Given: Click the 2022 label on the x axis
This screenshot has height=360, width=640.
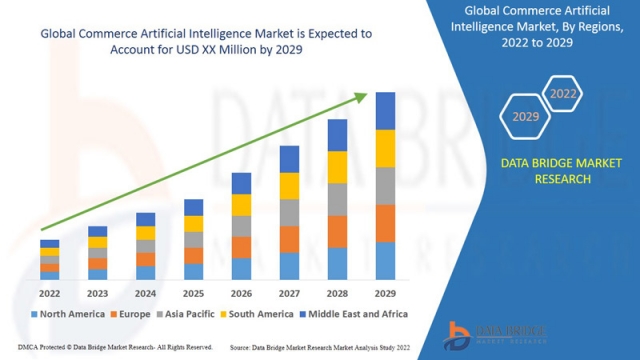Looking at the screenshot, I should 49,294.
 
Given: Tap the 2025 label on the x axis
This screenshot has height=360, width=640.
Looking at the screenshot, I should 193,294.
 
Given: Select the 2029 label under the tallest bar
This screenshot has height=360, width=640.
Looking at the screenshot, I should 385,294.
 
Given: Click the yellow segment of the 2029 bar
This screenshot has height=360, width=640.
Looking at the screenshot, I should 385,148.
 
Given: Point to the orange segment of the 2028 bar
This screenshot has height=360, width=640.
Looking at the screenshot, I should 337,231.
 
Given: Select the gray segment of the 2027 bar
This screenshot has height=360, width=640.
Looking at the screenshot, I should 289,212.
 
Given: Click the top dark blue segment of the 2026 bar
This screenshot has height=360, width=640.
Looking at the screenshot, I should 241,183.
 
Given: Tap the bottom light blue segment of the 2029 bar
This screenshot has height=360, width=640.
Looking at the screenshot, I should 385,260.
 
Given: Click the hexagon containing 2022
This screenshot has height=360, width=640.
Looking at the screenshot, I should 563,95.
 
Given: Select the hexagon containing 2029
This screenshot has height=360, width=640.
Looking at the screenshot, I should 525,117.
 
